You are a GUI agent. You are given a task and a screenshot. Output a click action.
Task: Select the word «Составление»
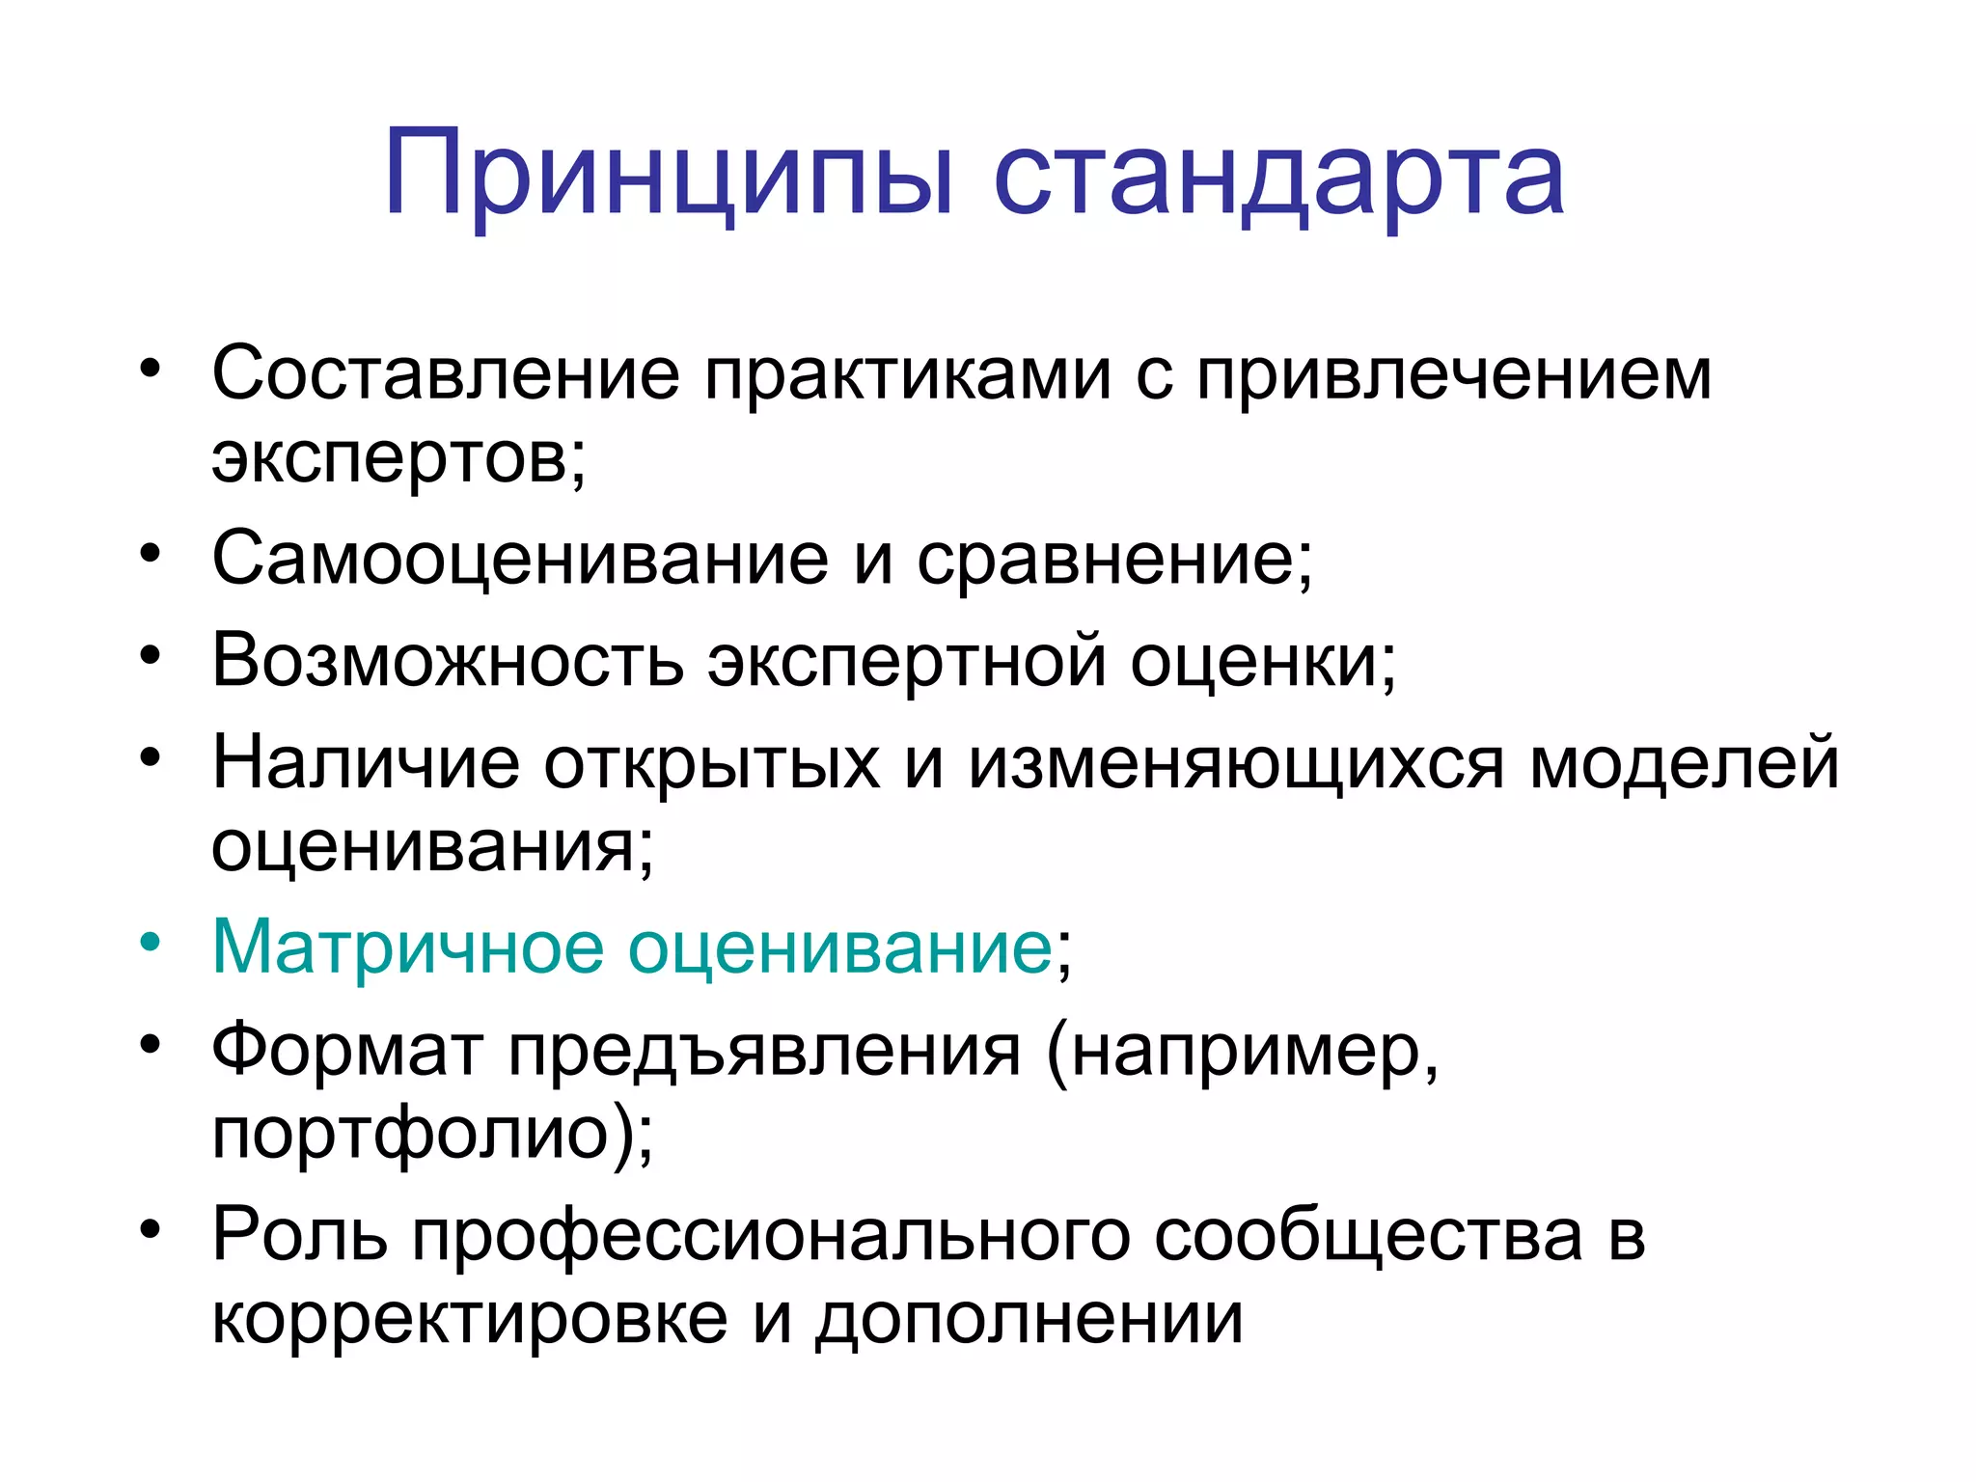446,373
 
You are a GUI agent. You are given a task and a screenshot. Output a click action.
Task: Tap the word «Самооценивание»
519,560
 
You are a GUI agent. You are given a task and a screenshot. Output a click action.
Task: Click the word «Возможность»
448,662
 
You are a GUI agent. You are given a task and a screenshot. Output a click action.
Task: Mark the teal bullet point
150,943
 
